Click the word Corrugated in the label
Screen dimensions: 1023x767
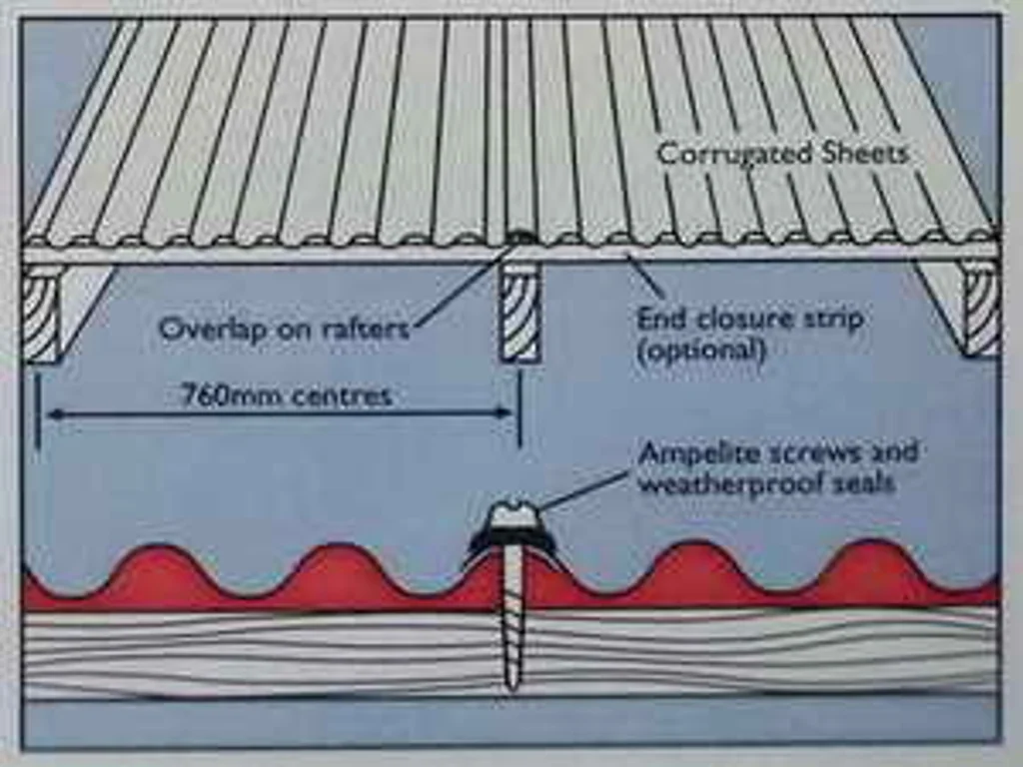tap(733, 155)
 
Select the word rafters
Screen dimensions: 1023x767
tap(366, 328)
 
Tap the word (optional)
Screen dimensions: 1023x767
tap(700, 352)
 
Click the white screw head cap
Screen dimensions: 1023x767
tap(513, 513)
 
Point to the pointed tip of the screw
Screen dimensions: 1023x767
tap(512, 688)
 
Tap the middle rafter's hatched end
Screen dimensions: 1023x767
tap(519, 312)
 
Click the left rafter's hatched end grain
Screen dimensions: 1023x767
tap(42, 313)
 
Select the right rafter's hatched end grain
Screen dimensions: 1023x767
tap(981, 308)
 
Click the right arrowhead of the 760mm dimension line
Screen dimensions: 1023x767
tap(505, 412)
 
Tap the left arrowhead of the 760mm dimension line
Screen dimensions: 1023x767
tap(55, 413)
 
